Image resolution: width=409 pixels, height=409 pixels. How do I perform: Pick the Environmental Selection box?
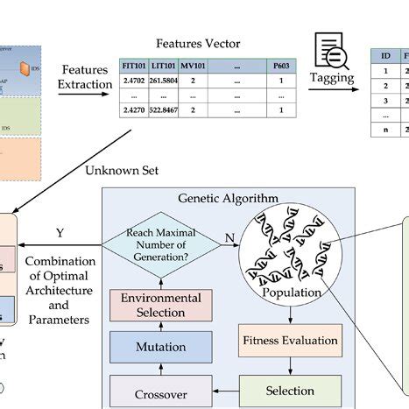pyautogui.click(x=160, y=306)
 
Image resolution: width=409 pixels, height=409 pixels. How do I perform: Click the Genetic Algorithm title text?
pyautogui.click(x=227, y=200)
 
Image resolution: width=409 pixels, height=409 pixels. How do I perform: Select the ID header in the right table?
pyautogui.click(x=385, y=55)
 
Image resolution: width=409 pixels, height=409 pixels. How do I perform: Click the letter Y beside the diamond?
pyautogui.click(x=59, y=234)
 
